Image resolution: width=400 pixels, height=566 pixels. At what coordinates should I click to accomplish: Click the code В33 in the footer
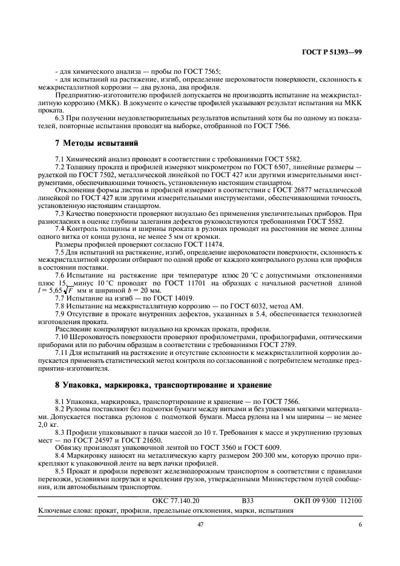pos(248,501)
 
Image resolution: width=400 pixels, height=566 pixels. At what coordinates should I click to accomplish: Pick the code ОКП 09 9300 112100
pos(327,501)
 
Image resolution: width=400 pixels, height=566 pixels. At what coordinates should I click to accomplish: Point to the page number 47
pos(200,525)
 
